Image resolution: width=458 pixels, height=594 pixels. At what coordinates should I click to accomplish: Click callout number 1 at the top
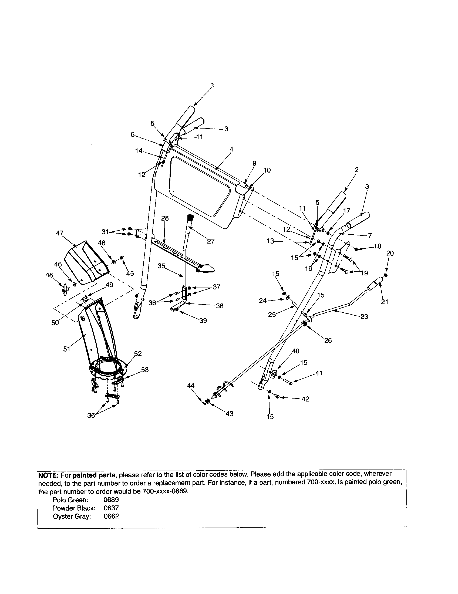[x=213, y=85]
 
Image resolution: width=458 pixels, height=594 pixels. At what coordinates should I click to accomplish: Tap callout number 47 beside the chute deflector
[x=60, y=233]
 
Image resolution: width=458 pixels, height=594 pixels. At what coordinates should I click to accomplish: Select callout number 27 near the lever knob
[x=211, y=241]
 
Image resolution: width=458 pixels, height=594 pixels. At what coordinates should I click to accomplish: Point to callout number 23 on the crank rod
[x=364, y=316]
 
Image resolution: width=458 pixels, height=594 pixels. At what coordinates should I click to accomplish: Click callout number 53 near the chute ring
[x=145, y=370]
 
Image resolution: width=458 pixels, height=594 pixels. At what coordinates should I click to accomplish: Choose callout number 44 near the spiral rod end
[x=191, y=385]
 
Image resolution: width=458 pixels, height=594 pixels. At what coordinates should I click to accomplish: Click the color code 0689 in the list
[x=111, y=500]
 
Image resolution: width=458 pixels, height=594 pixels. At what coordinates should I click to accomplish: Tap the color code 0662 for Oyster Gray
[x=111, y=516]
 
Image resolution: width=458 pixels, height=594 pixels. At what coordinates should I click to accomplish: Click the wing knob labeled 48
[x=65, y=290]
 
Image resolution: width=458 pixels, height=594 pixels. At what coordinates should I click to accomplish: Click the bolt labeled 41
[x=288, y=381]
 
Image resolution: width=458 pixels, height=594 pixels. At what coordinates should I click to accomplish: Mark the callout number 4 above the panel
[x=231, y=149]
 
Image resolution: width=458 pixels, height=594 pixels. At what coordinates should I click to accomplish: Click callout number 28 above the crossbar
[x=165, y=218]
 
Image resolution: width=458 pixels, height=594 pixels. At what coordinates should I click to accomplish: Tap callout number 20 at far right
[x=390, y=253]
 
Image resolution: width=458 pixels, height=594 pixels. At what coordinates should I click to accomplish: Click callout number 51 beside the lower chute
[x=67, y=349]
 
